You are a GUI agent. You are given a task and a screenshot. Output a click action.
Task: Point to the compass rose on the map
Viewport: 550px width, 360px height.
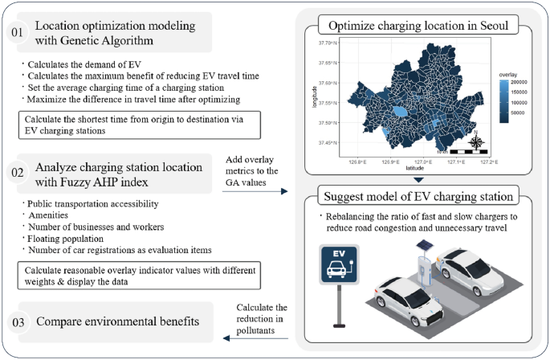[476, 142]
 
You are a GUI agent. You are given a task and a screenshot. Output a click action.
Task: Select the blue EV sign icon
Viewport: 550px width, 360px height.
[340, 265]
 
